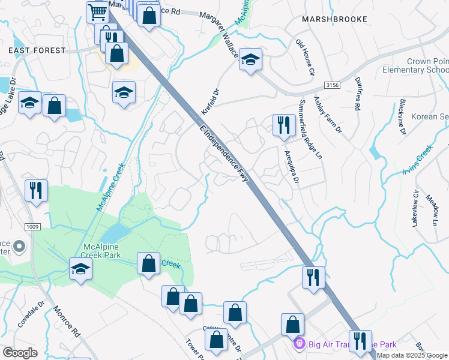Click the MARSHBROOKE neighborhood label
pos(335,19)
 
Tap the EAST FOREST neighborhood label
pos(37,50)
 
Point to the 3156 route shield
pos(333,86)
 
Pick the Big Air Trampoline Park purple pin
pos(299,344)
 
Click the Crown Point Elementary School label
pos(415,65)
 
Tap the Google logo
pos(20,353)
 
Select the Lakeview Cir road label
pos(415,209)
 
